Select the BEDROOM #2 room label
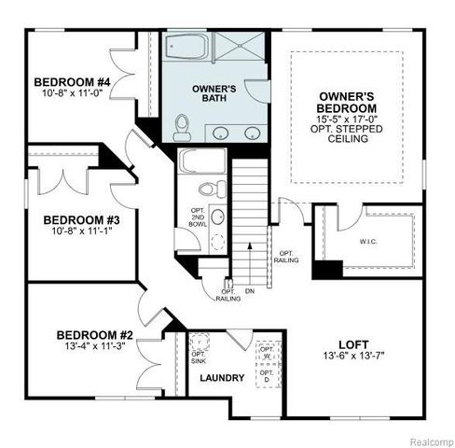pos(93,335)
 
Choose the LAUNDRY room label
pos(223,378)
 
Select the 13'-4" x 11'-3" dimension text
pos(94,347)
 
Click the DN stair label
pos(249,291)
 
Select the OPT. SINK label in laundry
pos(198,358)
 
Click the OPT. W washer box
pos(267,355)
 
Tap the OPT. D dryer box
pos(268,378)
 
